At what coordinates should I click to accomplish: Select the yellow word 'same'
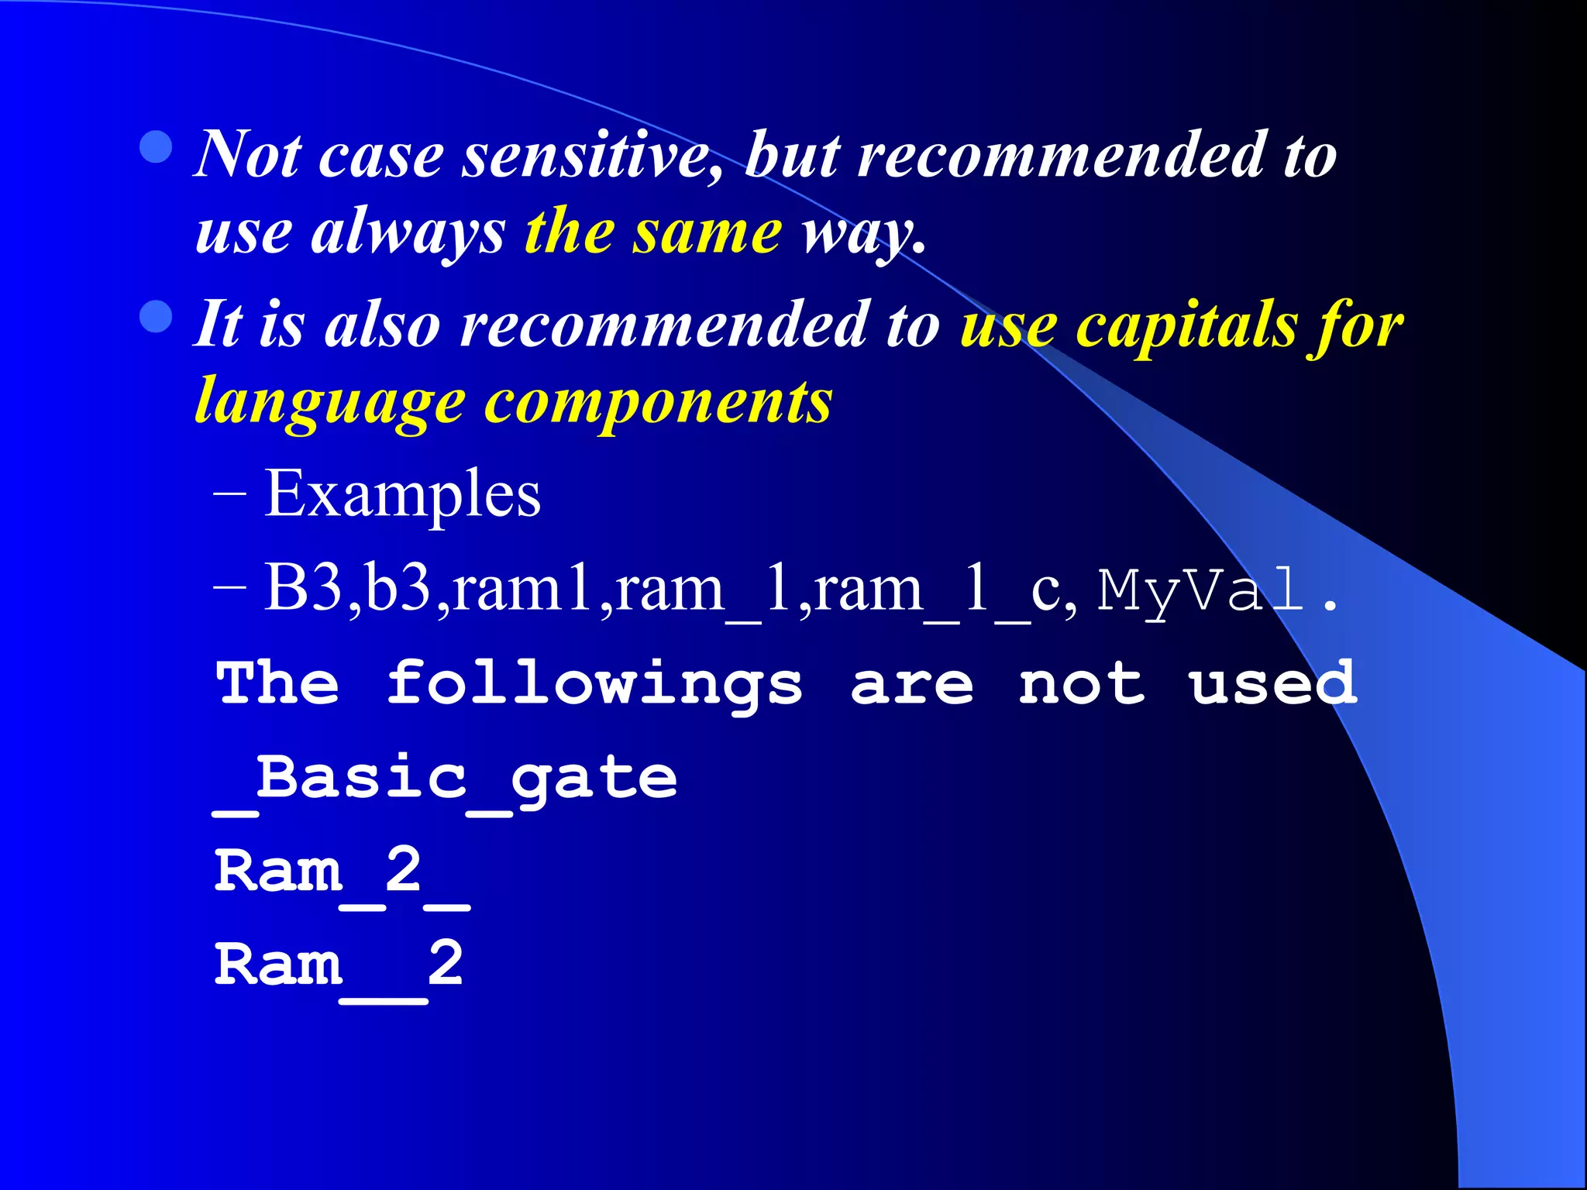[x=706, y=232]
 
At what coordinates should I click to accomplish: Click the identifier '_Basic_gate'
[x=446, y=779]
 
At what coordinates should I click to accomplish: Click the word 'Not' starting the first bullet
[x=247, y=155]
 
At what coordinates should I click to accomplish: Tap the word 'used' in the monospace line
[x=1272, y=683]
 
